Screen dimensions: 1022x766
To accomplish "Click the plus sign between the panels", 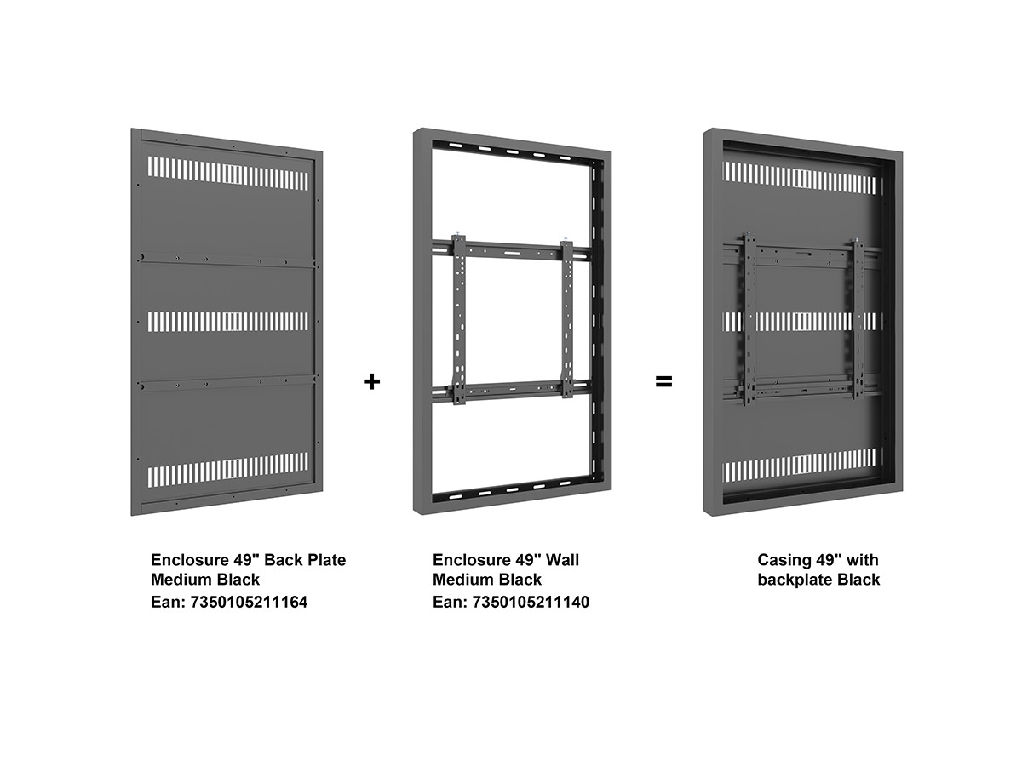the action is (x=371, y=381).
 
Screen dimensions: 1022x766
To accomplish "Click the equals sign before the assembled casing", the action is (x=663, y=382).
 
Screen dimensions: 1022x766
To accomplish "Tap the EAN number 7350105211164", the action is (x=249, y=602).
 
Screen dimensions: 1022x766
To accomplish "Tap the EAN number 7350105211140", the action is (x=531, y=602).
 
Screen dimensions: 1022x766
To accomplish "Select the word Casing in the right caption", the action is (x=784, y=560).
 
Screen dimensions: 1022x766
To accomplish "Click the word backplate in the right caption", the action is (x=795, y=580).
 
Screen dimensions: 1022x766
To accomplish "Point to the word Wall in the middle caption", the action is (x=562, y=560).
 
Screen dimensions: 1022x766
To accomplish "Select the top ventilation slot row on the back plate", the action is (x=228, y=173).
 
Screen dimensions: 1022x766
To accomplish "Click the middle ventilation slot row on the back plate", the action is (x=228, y=322).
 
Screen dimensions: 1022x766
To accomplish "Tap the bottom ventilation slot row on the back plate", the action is (x=228, y=470).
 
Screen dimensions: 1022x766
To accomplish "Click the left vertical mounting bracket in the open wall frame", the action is (x=458, y=319).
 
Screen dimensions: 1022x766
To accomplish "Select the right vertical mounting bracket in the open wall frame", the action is (x=567, y=318).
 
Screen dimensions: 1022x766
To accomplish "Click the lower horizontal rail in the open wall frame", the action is (x=512, y=390).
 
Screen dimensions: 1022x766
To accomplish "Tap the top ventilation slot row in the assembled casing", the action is (x=799, y=178).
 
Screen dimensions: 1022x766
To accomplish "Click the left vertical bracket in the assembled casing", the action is (x=749, y=319).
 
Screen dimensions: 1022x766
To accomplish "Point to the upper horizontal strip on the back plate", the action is (x=229, y=260).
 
